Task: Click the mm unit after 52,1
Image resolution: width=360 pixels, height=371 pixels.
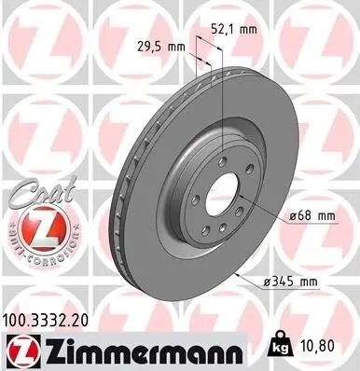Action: point(247,30)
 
